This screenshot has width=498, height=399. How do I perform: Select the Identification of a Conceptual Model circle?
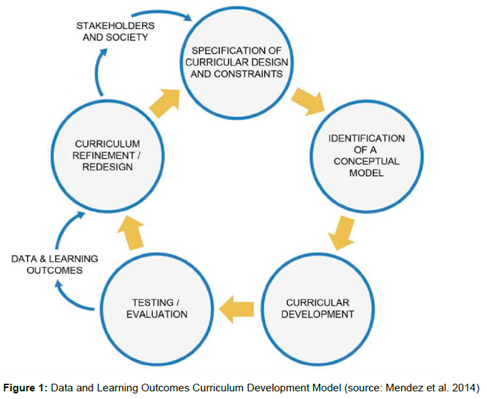pyautogui.click(x=366, y=155)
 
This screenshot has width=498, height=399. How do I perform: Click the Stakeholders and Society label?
pyautogui.click(x=115, y=32)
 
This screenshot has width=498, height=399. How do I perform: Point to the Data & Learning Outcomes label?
pyautogui.click(x=55, y=264)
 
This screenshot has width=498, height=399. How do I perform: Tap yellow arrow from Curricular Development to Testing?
pyautogui.click(x=236, y=307)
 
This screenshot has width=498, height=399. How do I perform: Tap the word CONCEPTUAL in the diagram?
pyautogui.click(x=366, y=161)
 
